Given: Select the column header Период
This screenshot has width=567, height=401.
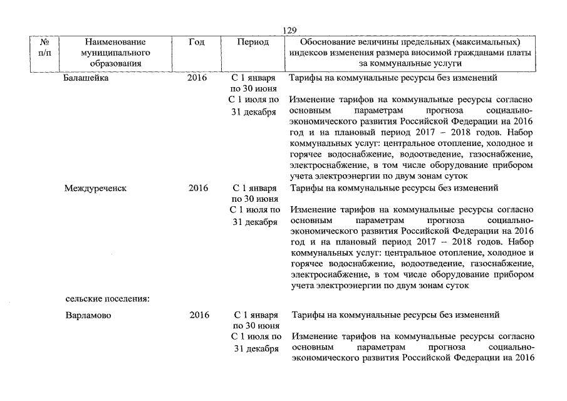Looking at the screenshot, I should (252, 42).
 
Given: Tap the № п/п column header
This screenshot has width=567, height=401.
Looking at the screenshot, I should (44, 48).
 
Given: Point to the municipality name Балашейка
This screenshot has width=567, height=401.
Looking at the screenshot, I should (86, 79).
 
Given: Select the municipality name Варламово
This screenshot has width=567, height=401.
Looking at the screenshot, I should (88, 315).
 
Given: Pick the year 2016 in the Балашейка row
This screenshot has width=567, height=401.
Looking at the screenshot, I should (197, 79).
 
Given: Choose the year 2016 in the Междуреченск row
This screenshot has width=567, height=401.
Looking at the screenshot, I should (198, 188).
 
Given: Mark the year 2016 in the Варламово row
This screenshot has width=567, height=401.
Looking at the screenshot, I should (199, 315).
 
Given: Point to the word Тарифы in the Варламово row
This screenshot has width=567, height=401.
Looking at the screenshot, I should (308, 315).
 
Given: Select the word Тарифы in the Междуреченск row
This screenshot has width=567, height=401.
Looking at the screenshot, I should (306, 188).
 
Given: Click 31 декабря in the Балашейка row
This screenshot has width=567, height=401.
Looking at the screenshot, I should (254, 112).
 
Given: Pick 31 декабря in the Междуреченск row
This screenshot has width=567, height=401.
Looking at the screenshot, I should (254, 222).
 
